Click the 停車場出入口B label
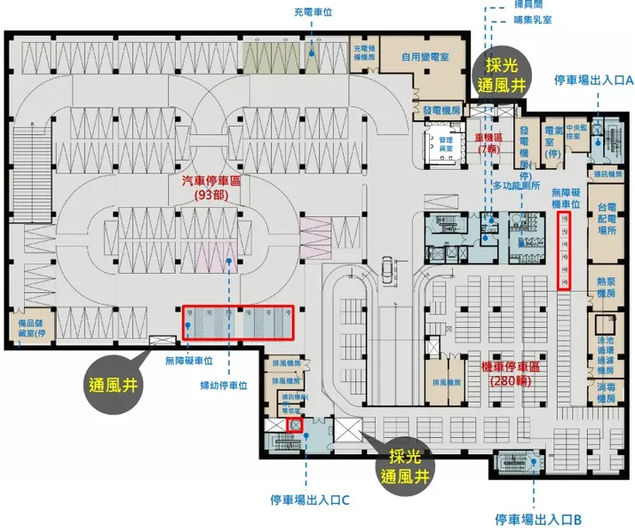click(538, 519)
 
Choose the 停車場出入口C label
click(307, 499)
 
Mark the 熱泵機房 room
click(607, 287)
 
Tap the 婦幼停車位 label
click(224, 385)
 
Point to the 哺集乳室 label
click(534, 18)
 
